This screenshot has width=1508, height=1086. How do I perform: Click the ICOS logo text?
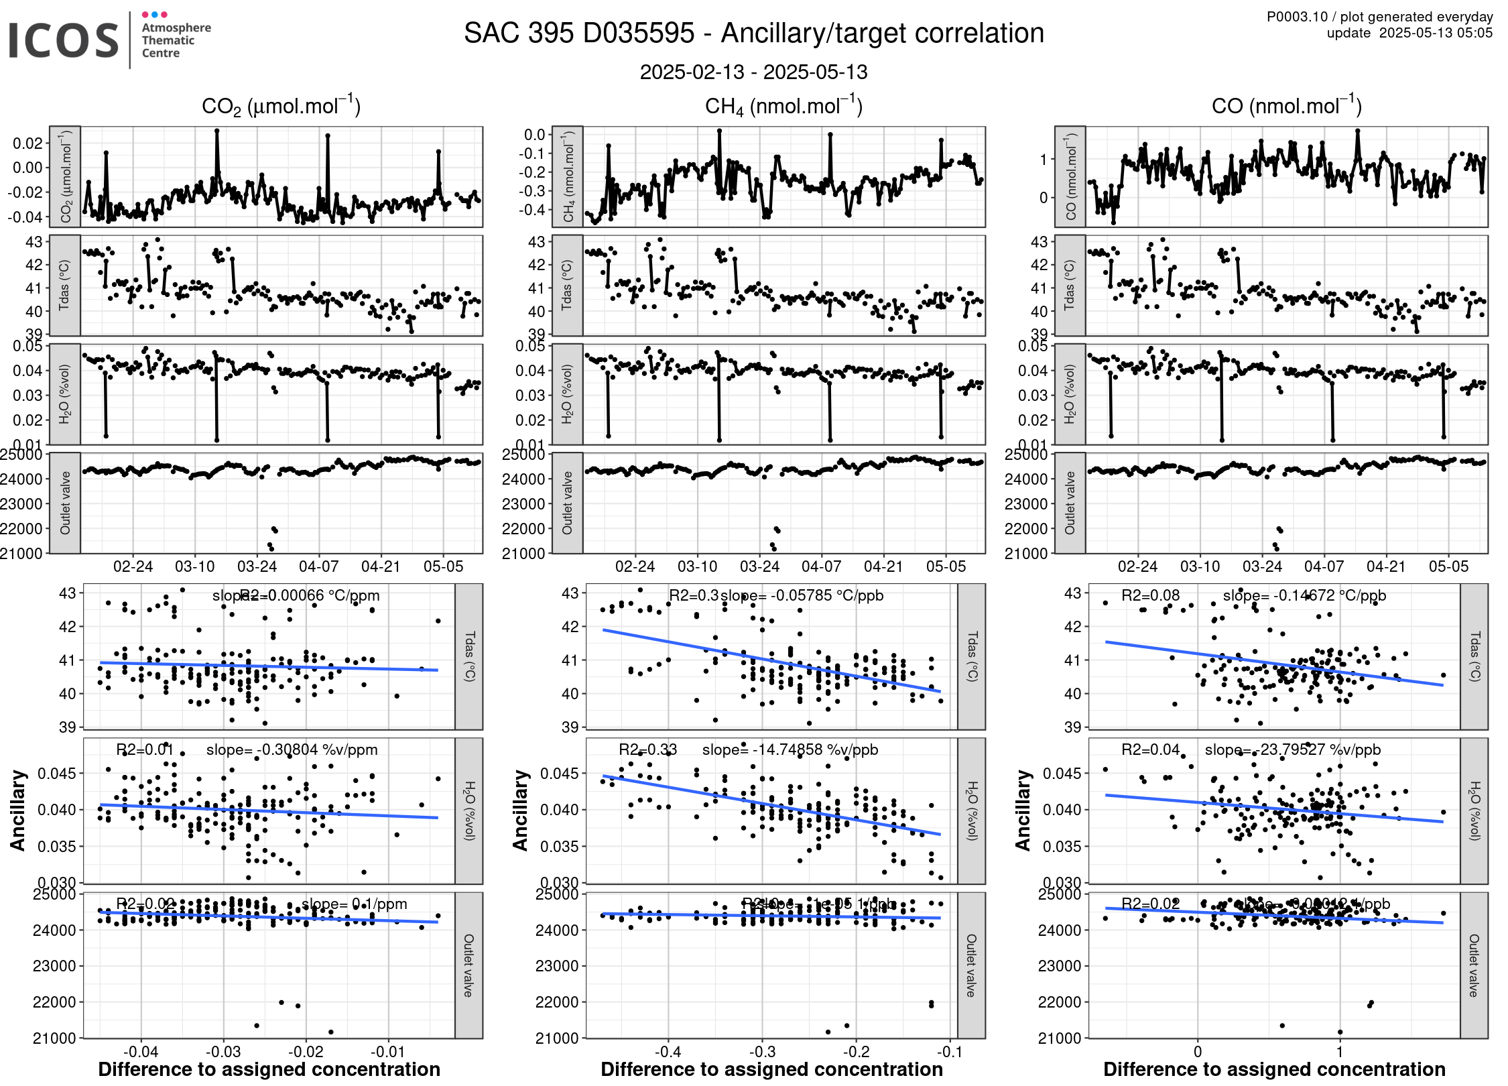64,40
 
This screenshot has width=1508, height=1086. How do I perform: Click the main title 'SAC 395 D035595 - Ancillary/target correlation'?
753,34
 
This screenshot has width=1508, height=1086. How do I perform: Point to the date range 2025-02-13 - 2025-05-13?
753,72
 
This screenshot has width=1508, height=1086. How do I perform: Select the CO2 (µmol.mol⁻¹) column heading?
281,107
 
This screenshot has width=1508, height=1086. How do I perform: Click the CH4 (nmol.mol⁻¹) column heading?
783,107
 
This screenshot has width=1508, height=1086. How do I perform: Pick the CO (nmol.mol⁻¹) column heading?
1286,107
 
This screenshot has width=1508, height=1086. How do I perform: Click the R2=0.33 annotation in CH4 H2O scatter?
647,749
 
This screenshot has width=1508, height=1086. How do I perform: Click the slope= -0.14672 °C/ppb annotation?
1304,595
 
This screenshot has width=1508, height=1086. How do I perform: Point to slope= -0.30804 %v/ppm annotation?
292,749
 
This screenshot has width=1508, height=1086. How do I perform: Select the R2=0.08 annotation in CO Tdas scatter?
1150,595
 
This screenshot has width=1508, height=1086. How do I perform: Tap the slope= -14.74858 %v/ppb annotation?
790,749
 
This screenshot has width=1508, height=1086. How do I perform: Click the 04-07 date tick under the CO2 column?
319,567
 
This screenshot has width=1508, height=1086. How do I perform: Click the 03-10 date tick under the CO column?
1200,567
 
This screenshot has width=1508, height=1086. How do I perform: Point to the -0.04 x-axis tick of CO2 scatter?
141,1052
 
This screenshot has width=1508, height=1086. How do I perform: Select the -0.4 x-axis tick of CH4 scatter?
668,1052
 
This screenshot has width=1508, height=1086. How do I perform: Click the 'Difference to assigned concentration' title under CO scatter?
1274,1069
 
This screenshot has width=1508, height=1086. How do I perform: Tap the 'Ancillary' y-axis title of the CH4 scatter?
520,810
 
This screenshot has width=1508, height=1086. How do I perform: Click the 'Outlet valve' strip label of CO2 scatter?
468,965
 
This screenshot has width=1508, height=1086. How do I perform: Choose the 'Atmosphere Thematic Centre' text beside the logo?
176,40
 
